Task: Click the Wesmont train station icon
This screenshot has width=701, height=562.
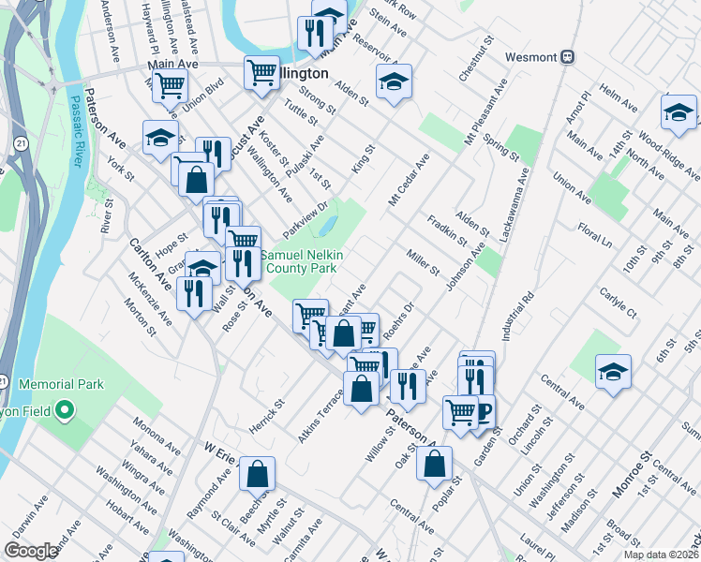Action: [567, 56]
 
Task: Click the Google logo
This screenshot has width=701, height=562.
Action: [31, 551]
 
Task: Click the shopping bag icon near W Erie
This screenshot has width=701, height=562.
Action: [257, 475]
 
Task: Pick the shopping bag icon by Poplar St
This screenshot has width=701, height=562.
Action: [435, 464]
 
